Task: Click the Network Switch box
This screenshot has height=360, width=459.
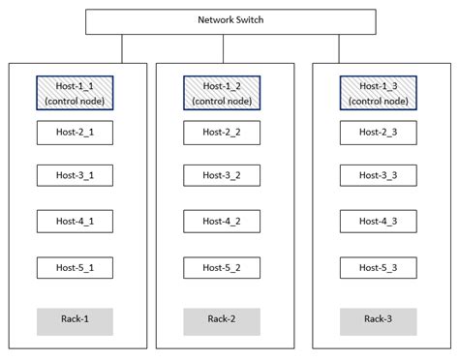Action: pyautogui.click(x=229, y=20)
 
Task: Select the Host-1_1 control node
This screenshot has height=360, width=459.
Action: pyautogui.click(x=76, y=93)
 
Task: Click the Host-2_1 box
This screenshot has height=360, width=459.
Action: pyautogui.click(x=76, y=132)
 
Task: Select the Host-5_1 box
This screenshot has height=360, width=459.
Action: pyautogui.click(x=76, y=267)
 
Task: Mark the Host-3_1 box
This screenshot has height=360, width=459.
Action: pyautogui.click(x=76, y=175)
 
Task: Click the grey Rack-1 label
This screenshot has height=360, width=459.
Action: pyautogui.click(x=76, y=321)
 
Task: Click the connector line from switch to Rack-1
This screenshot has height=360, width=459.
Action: pyautogui.click(x=122, y=47)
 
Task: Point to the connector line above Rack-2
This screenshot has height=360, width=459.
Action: pyautogui.click(x=230, y=47)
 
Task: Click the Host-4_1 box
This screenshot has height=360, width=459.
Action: pyautogui.click(x=76, y=221)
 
